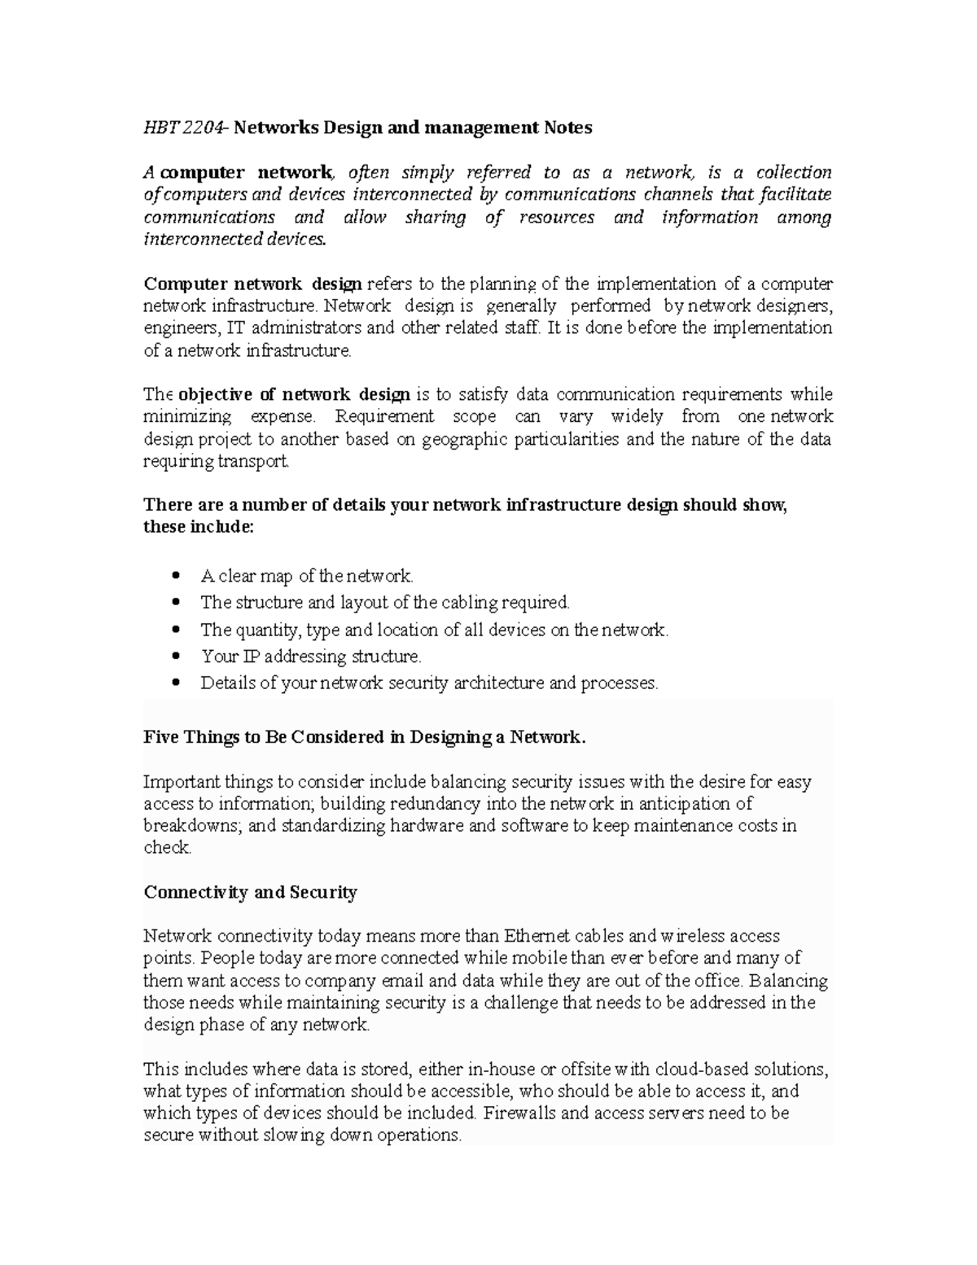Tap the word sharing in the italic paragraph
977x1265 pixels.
(435, 217)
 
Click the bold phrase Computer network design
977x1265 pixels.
(252, 284)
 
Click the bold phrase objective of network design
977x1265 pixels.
(294, 395)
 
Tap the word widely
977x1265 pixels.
(637, 417)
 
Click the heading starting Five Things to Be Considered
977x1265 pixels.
(364, 738)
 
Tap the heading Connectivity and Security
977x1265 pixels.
(250, 893)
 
